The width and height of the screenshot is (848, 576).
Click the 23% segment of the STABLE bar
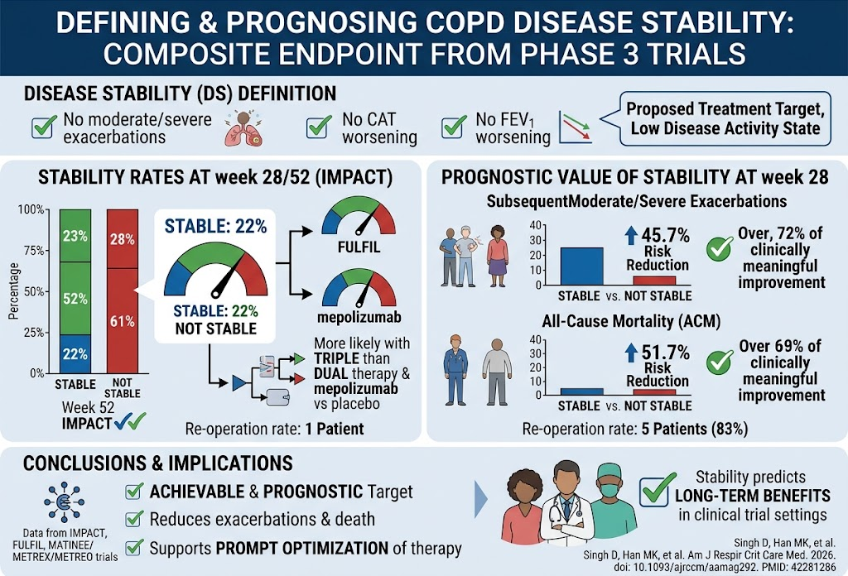tap(75, 236)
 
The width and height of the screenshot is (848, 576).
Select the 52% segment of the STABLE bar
tap(75, 298)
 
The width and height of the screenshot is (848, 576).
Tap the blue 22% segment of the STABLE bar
tap(75, 354)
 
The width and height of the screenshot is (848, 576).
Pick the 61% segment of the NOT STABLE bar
tap(123, 321)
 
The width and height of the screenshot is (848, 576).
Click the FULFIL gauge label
tap(359, 247)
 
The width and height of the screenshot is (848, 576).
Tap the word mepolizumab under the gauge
tap(359, 317)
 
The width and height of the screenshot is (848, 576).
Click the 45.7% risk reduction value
tap(665, 236)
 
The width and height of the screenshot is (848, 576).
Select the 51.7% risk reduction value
tap(665, 353)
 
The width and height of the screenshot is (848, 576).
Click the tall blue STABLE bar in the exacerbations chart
tap(581, 266)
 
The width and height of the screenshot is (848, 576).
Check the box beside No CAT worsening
tap(319, 127)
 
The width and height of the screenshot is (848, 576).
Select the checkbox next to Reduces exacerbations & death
tap(133, 519)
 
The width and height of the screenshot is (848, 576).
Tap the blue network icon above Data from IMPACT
tap(65, 502)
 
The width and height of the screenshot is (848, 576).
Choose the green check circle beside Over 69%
tap(720, 362)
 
